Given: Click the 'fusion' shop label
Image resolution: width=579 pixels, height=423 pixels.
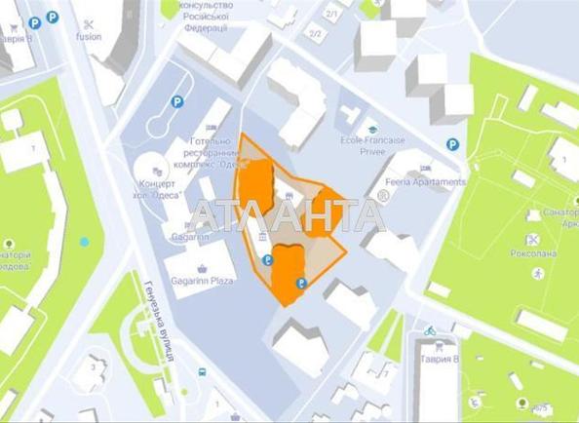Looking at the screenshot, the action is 89,37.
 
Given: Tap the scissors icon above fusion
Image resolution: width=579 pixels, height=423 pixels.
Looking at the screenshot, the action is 88,23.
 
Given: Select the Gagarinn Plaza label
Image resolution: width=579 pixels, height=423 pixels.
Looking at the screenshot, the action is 201,280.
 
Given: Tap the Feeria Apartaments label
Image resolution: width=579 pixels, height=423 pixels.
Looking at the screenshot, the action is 426,182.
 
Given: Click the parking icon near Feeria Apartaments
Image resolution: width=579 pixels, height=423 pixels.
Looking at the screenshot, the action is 452,144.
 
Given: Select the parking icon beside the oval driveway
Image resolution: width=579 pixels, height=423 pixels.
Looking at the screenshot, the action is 176,101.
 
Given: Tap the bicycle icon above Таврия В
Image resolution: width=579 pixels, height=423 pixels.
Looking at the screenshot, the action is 430,331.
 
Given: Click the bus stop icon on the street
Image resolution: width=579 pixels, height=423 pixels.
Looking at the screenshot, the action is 202,372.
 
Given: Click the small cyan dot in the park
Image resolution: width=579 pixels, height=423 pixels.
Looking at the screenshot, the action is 85,241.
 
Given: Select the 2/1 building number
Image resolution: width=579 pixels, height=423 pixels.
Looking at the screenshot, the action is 331,14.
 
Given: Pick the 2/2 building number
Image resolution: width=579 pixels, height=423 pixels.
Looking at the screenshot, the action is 315,34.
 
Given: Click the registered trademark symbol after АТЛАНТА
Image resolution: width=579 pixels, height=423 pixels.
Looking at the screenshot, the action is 383,197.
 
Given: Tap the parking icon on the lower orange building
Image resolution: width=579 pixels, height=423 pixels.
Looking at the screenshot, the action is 300,284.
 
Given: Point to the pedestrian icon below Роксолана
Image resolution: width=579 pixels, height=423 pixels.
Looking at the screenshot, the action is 535,272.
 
